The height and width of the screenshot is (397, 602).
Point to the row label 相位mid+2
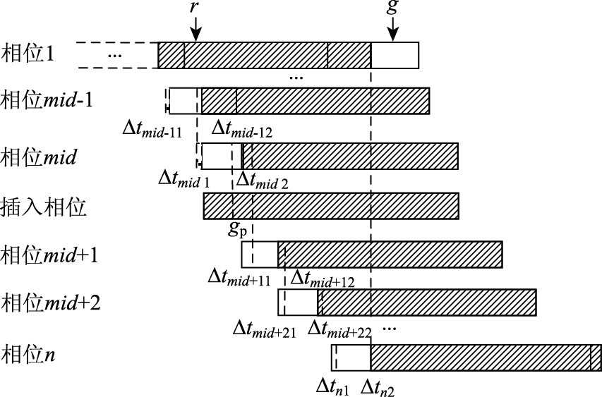52,303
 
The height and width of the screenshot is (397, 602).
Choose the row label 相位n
29,353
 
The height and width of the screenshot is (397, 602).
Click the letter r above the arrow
194,8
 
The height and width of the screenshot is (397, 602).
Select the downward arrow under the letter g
393,30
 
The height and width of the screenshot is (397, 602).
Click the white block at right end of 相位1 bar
395,56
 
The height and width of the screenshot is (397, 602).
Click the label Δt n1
332,385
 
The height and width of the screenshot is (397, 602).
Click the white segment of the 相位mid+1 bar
259,254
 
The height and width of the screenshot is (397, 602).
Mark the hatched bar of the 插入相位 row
331,205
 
